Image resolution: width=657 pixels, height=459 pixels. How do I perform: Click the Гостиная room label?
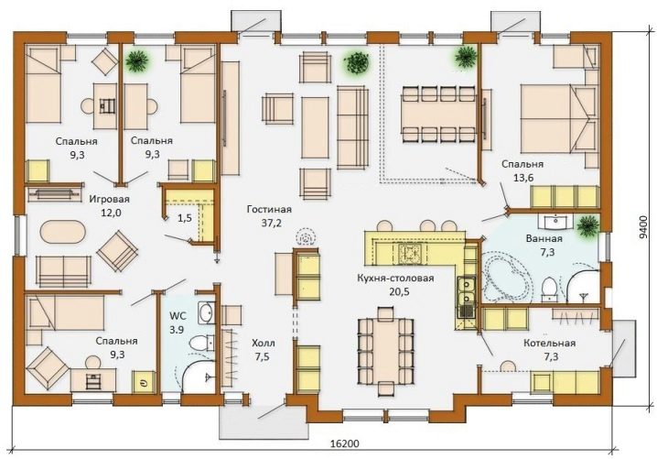269,209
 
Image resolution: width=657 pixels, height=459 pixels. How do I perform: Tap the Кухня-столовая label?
395,278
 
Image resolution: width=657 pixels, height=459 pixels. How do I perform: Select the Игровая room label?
110,199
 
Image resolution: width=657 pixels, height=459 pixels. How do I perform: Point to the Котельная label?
549,343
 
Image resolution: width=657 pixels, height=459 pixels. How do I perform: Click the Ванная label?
544,239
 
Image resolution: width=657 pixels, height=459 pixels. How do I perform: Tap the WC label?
178,315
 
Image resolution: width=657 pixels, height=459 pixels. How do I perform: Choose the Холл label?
264,344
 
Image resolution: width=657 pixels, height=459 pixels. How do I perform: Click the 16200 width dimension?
345,443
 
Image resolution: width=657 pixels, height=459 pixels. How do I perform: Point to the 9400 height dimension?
643,227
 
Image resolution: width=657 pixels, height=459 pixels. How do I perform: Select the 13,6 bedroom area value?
523,178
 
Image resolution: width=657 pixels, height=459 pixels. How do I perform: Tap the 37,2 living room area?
271,223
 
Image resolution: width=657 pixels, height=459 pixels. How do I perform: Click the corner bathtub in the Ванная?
507,275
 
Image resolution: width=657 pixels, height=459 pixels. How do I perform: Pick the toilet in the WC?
200,343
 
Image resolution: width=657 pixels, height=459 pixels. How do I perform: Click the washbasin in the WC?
206,313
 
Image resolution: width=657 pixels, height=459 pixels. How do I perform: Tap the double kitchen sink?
466,291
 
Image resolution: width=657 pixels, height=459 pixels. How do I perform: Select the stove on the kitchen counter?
407,253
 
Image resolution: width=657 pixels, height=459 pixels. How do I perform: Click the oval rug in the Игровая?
63,231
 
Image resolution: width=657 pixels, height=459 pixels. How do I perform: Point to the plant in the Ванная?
587,225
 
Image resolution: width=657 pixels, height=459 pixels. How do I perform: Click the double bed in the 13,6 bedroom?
558,119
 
